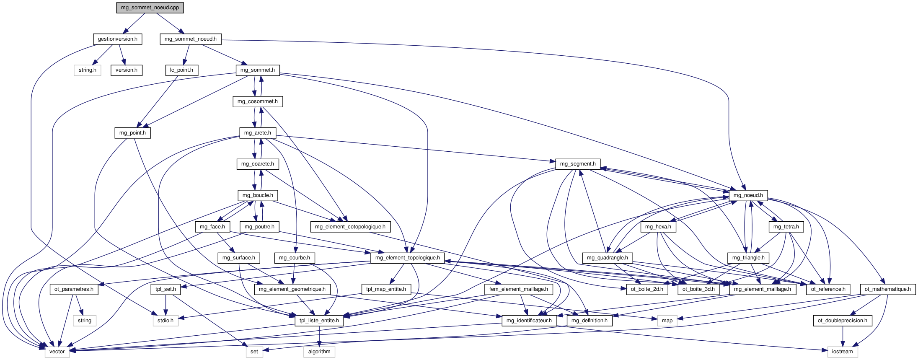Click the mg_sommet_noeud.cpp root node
[150, 8]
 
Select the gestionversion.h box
[117, 39]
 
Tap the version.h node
[127, 70]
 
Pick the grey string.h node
[88, 70]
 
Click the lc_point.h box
[181, 70]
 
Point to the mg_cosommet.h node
[257, 101]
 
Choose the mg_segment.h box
[578, 164]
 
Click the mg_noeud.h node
[748, 195]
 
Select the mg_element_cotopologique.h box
[350, 227]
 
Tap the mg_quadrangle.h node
[607, 258]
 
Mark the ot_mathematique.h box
[887, 289]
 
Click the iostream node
[842, 352]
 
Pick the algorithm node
[319, 352]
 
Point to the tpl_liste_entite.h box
[319, 321]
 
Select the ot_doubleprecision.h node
[843, 321]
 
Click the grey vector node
[57, 352]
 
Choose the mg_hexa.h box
[658, 227]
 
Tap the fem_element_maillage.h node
[518, 289]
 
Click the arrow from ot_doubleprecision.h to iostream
[843, 336]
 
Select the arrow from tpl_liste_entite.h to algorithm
[319, 336]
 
